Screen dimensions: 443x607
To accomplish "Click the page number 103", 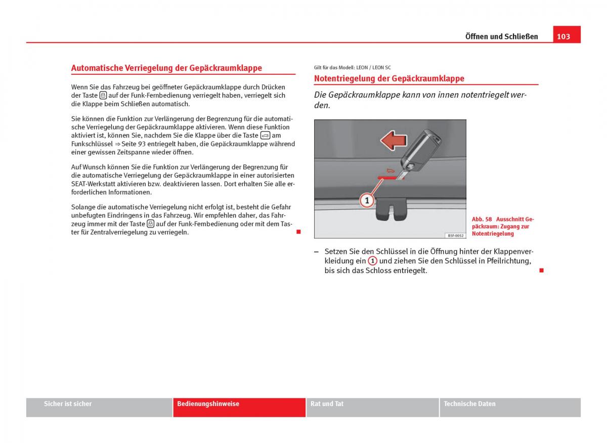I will [x=563, y=36].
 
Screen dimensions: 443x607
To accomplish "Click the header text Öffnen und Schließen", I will [x=501, y=36].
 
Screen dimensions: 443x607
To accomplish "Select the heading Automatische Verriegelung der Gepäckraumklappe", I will [x=166, y=68].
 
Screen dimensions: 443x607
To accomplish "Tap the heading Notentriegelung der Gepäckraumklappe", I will [x=389, y=78].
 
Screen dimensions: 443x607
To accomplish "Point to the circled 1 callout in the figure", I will [x=367, y=201].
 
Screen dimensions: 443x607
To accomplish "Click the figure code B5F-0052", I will [x=455, y=235].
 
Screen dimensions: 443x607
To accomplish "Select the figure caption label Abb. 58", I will [x=482, y=219].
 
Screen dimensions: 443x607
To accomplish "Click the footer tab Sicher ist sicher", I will [x=68, y=404].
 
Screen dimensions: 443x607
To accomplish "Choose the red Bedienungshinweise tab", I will [x=208, y=404].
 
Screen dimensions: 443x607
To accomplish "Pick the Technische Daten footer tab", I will [x=469, y=404].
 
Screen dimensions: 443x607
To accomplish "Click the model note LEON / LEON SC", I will [x=374, y=67].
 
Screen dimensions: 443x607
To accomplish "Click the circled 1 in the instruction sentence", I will [x=372, y=261].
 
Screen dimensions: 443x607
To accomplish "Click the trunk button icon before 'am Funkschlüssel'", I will [x=265, y=136].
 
